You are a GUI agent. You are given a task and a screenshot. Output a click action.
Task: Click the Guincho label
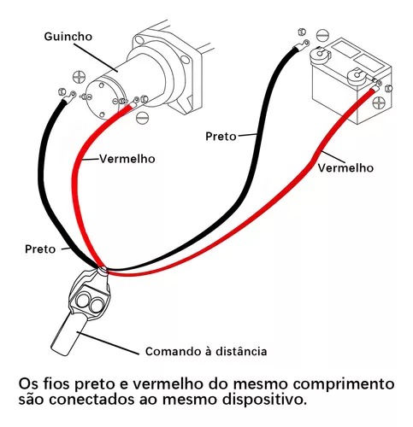point(68,37)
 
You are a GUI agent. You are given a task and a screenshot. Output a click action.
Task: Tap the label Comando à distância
point(206,351)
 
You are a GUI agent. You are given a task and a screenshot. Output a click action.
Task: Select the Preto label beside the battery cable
point(221,137)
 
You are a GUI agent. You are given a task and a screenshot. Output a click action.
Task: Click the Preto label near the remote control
point(40,249)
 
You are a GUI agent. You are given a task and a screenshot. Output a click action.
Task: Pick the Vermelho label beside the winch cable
point(127,159)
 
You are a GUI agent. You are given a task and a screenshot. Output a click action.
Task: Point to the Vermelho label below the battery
point(345,167)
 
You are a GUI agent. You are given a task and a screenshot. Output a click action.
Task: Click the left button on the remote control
point(83,301)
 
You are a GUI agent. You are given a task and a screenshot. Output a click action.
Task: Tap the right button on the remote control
point(95,305)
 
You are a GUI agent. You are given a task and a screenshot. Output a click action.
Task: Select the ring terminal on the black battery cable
point(302,45)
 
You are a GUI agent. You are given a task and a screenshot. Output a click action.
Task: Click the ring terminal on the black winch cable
point(69,97)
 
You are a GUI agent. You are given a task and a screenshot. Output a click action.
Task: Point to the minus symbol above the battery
point(322,35)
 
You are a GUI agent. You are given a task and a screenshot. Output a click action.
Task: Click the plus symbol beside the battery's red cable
point(380,102)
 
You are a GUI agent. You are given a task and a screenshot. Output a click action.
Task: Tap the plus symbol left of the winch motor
point(79,77)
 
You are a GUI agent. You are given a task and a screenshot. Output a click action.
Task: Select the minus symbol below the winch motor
point(142,117)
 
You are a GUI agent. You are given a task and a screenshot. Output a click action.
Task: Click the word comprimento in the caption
point(344,384)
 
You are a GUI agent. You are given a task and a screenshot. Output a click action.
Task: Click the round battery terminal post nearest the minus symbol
point(320,54)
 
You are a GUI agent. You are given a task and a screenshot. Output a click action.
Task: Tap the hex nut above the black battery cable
point(302,32)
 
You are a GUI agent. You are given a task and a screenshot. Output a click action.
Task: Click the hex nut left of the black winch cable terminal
point(62,91)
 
